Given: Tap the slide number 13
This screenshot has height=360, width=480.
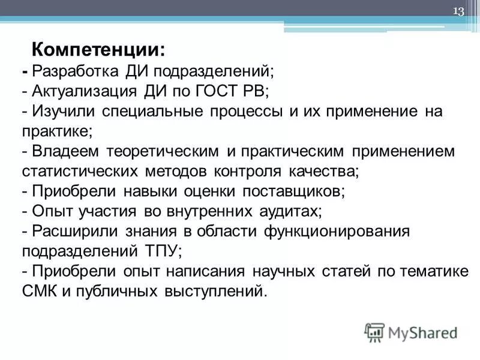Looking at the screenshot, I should click(458, 13).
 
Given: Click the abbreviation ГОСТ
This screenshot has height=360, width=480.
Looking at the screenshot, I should click(210, 91).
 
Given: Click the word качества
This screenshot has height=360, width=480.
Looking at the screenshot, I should click(324, 170).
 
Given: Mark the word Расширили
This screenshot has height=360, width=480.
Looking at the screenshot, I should click(74, 230).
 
